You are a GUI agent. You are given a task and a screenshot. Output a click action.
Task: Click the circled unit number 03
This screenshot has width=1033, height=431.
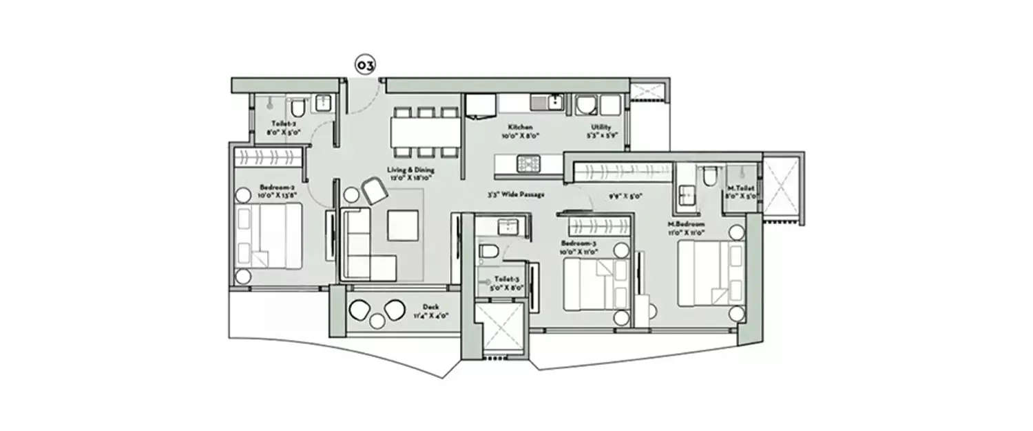coord(365,66)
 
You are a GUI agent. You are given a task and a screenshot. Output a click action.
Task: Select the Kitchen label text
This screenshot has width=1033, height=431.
coord(520,128)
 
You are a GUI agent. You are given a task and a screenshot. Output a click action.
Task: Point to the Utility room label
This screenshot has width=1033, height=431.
coord(601,128)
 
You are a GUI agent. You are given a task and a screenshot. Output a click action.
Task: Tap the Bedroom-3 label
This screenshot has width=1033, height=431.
coord(578,244)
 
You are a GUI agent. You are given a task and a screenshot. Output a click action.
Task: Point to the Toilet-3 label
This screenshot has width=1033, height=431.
coord(502,281)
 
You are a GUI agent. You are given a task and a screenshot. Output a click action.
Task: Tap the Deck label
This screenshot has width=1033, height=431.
coord(431,308)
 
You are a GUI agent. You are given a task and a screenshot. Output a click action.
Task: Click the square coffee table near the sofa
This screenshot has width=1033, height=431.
coord(402,225)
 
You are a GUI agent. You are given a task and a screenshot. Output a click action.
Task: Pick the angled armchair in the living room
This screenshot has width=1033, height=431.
coord(375,190)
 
